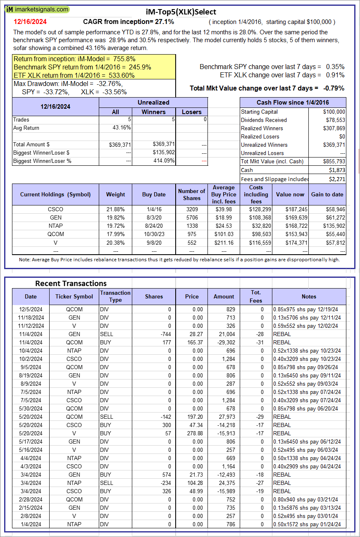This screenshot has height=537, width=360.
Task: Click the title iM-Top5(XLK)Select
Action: [181, 12]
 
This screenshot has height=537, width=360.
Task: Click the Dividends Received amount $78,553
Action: [334, 120]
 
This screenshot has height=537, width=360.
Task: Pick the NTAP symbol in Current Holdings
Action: [55, 226]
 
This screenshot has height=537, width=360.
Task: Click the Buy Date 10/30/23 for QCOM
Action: [154, 234]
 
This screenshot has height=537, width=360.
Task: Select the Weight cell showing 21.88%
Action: [115, 209]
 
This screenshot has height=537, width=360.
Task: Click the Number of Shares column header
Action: [191, 194]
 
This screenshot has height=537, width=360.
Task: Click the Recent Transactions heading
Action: [71, 283]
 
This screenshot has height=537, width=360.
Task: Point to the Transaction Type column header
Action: [115, 296]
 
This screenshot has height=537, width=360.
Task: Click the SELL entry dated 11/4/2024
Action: [107, 334]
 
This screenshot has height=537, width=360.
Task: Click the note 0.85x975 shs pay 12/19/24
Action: [307, 309]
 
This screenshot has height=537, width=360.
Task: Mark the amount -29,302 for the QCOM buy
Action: [225, 342]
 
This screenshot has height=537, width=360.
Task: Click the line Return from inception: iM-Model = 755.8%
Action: [74, 59]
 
